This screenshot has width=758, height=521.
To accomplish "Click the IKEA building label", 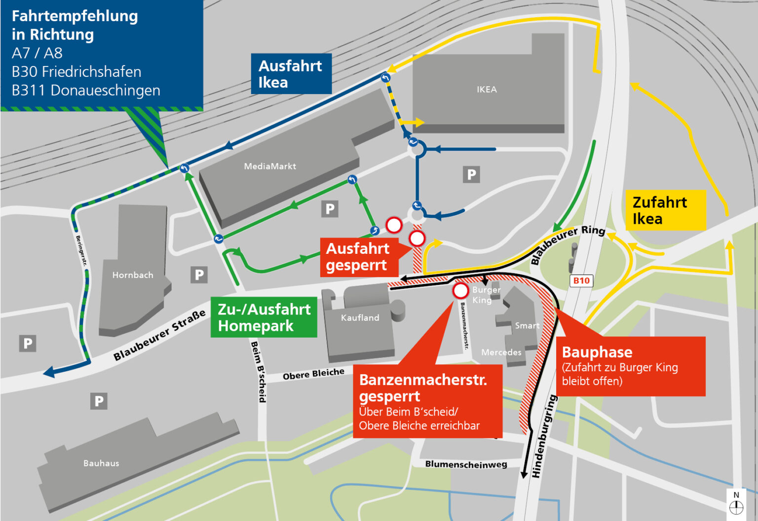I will pos(487,90).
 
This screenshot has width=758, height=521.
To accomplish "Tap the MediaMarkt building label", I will pos(270,167).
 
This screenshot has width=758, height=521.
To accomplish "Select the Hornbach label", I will pos(133,275).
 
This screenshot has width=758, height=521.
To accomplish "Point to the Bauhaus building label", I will pos(101,463).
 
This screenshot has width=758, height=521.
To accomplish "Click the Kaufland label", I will pos(360,318).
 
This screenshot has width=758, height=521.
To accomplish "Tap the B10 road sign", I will pos(581,281).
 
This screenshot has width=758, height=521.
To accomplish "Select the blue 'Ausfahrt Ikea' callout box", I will pos(291,74).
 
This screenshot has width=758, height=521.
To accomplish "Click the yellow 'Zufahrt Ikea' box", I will pos(665,210).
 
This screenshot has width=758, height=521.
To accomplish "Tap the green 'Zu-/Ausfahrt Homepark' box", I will pos(264,317).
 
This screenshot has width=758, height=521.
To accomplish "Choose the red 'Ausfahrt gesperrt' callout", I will pos(358,257).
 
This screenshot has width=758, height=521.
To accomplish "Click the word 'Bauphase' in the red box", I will pos(597,352).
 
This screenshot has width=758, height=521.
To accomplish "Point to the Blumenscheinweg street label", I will pos(466,464).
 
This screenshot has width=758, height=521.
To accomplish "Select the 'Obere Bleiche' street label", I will pos(313,374).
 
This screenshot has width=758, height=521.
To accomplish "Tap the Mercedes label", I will pos(501,352).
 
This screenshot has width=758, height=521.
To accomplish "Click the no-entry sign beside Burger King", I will pos(460,291).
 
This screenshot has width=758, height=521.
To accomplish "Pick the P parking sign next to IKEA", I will pos(471,174).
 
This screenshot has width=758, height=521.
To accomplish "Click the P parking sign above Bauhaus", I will pos(99,401).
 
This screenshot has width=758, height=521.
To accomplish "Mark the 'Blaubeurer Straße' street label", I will pos(159,336).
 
